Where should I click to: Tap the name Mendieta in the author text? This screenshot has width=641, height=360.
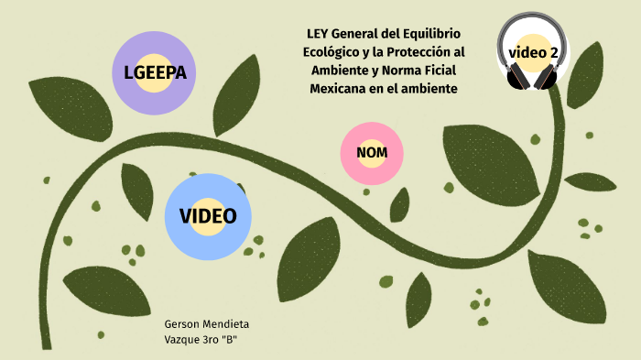pyautogui.click(x=227, y=325)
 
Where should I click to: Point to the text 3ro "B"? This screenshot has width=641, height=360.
pyautogui.click(x=220, y=341)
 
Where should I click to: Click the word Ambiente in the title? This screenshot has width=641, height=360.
pyautogui.click(x=335, y=71)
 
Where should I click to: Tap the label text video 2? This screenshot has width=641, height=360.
pyautogui.click(x=535, y=53)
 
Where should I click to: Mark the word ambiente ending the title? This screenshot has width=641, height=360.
pyautogui.click(x=426, y=88)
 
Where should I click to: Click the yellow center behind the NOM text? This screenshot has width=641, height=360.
pyautogui.click(x=372, y=151)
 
